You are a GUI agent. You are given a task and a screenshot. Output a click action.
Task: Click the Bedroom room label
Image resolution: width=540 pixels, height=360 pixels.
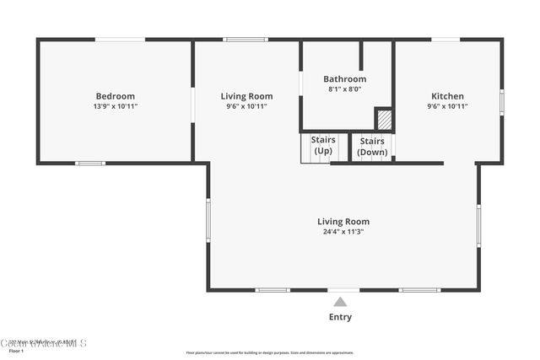coord(115,96)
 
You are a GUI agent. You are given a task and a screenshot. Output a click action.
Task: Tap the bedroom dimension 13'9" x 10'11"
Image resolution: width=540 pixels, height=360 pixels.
coord(115,106)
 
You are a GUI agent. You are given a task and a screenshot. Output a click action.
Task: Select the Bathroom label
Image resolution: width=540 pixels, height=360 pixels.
coord(346,78)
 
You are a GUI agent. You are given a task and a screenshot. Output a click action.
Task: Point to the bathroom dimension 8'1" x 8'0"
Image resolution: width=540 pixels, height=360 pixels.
coord(345,89)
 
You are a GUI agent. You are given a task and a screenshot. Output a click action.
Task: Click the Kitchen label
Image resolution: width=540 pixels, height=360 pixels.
coord(447,96)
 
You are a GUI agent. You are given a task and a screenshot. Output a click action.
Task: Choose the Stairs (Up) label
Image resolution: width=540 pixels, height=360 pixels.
coord(323,145)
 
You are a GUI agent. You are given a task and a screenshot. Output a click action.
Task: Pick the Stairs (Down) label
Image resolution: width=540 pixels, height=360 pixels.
coord(372,147)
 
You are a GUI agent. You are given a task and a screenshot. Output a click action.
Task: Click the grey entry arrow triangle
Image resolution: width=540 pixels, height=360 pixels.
coord(340,302)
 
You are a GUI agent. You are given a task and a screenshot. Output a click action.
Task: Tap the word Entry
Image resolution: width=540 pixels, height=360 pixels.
coord(340,317)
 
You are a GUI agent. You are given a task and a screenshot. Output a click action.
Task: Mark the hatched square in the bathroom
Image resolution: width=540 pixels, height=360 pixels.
coord(384,119)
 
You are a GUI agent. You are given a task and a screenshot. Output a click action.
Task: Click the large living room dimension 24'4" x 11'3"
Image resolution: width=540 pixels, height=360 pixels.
coord(343,232)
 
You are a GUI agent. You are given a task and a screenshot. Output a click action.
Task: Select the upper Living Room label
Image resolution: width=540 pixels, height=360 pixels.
coord(246,96)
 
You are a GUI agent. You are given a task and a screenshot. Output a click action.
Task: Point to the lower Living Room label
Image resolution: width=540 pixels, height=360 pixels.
coord(343,222)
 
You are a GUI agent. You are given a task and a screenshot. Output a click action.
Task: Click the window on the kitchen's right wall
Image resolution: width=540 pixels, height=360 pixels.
coord(501,102)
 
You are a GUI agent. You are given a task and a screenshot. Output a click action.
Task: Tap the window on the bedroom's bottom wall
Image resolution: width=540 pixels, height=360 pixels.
coord(90,163)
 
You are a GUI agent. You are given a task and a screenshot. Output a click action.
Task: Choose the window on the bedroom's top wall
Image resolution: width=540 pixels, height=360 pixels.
coord(119,39)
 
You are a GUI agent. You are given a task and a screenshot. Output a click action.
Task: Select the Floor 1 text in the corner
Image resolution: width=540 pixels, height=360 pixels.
coord(10,350)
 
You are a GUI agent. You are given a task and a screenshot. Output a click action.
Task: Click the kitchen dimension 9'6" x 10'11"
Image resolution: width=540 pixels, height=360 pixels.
coord(447,106)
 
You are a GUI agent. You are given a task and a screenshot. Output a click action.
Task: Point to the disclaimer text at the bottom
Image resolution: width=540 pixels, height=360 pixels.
coord(270,352)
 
